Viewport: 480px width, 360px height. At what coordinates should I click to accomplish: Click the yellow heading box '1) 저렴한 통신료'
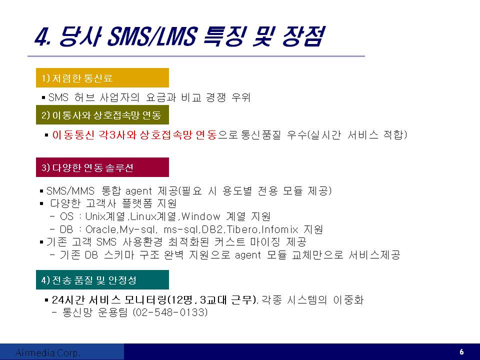[x=102, y=78]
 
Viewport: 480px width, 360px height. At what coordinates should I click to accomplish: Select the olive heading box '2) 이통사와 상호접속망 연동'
[x=102, y=115]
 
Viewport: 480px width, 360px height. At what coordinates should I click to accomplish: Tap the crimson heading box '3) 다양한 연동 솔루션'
[x=102, y=167]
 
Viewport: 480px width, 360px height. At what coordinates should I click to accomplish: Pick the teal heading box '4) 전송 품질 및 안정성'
[x=102, y=279]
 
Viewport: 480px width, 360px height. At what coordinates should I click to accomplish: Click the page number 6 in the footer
[x=461, y=352]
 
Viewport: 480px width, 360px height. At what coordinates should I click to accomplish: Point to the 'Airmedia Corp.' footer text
[x=48, y=352]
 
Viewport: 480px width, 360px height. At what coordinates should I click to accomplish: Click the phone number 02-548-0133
[x=170, y=312]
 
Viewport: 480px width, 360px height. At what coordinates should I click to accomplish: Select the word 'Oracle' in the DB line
[x=100, y=229]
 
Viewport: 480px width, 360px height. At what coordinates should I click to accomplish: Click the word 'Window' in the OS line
[x=201, y=216]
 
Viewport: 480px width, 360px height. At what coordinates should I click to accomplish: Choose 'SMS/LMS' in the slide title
[x=152, y=36]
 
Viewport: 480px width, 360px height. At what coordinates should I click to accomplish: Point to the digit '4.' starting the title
[x=42, y=37]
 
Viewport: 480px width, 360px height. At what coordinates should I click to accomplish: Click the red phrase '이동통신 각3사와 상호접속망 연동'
[x=134, y=134]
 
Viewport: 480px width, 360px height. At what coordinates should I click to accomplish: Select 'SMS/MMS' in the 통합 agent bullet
[x=70, y=191]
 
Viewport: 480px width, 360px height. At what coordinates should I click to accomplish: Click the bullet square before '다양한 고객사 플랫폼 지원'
[x=41, y=203]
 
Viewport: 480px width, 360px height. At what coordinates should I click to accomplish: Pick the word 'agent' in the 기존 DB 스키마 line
[x=248, y=255]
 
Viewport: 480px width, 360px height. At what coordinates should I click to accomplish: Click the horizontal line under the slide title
[x=196, y=56]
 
